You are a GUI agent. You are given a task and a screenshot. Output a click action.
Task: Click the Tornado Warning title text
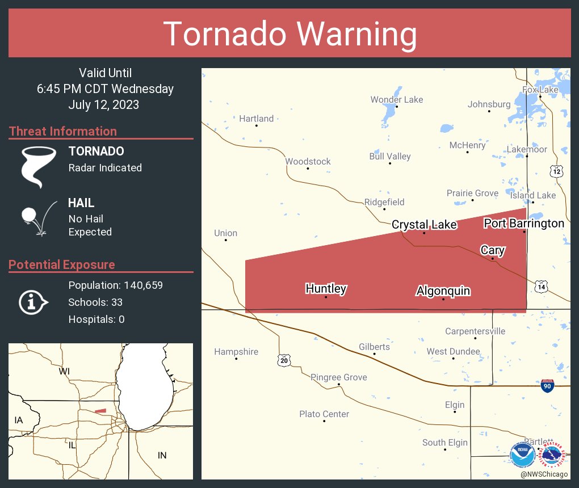(289, 34)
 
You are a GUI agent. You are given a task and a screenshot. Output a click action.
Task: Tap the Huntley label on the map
(326, 288)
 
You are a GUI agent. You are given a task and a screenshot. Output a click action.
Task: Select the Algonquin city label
(443, 291)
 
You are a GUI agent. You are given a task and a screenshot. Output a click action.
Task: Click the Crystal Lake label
(424, 225)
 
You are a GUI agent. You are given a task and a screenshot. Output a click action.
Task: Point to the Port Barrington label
(523, 223)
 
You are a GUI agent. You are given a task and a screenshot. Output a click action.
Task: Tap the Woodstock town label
(308, 161)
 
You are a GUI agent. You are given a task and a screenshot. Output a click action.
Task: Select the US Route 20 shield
(284, 360)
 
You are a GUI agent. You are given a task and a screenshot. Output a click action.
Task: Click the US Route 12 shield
(557, 170)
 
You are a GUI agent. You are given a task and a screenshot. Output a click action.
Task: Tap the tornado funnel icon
(38, 166)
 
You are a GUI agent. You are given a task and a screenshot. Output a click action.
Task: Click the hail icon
(37, 217)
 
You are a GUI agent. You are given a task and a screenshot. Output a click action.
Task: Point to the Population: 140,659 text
(115, 285)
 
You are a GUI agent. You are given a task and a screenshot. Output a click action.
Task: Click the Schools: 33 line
(95, 302)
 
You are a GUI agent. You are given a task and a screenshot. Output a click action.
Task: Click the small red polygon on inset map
(100, 411)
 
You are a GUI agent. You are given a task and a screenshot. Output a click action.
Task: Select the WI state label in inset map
(64, 371)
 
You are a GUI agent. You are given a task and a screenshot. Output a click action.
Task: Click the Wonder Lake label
(397, 99)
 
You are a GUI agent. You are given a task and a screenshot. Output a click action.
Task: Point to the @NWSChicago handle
(544, 474)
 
